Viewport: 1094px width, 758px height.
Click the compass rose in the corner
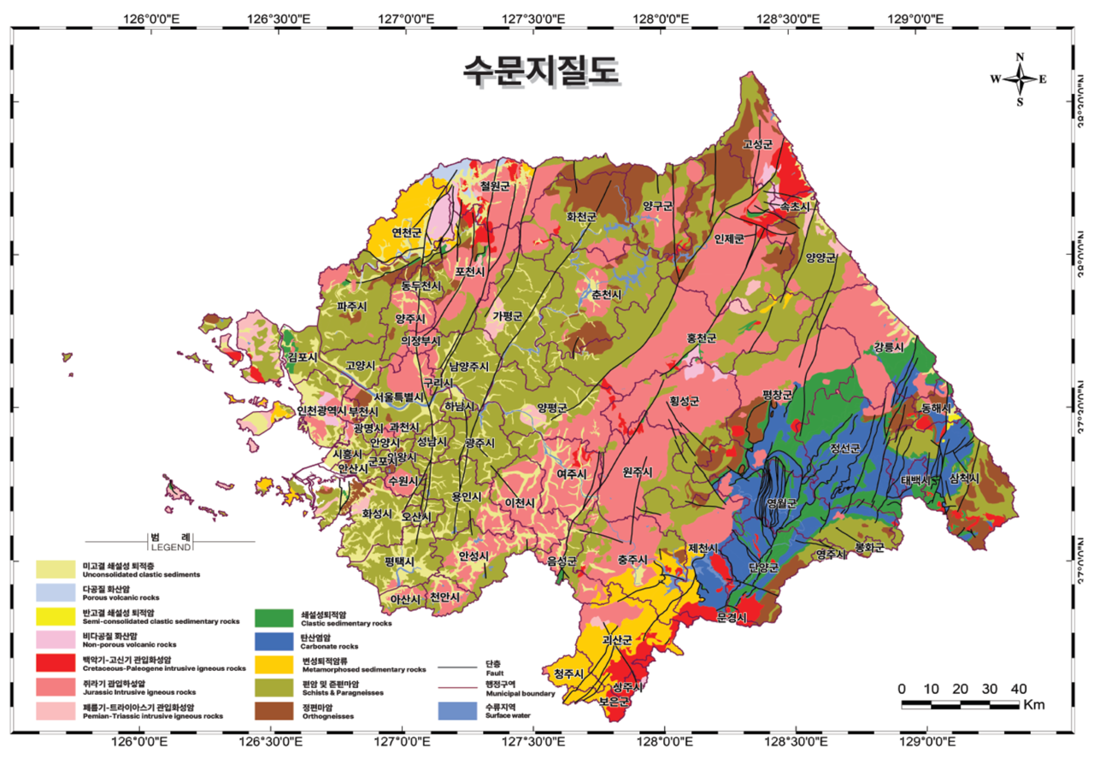[1019, 79]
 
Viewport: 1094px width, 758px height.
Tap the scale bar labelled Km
[961, 704]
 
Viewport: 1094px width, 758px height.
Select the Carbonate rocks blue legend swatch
[273, 641]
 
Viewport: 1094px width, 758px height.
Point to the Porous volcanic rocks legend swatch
[53, 592]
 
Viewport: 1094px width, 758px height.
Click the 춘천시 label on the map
[606, 295]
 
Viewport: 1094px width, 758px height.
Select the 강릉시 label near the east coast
[888, 348]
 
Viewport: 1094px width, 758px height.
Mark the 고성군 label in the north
[757, 144]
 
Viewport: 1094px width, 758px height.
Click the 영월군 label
[781, 503]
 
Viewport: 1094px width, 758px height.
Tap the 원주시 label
[638, 471]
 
